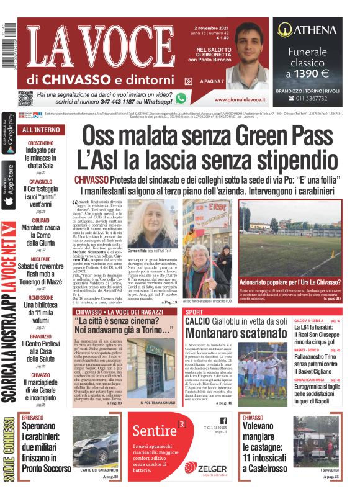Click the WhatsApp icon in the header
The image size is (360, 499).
click(x=181, y=97)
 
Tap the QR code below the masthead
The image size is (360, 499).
click(x=25, y=97)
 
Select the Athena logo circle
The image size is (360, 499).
click(x=285, y=29)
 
